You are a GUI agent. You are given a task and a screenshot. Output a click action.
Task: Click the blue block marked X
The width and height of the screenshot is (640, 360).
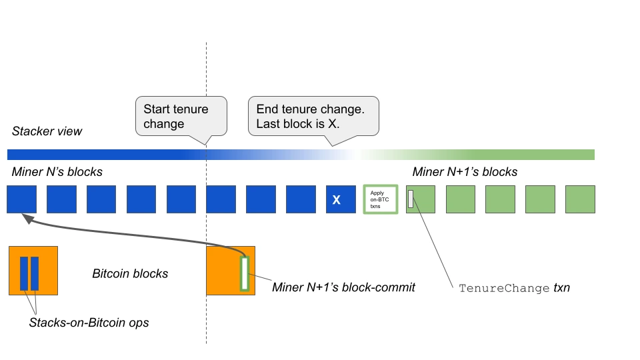point(341,199)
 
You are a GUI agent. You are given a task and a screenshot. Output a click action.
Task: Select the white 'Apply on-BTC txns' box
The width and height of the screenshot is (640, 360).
point(381,199)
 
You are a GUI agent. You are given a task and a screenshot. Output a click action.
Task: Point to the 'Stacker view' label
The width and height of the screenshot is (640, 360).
point(47,131)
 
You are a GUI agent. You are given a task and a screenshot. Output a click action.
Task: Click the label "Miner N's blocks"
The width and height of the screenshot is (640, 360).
point(57,172)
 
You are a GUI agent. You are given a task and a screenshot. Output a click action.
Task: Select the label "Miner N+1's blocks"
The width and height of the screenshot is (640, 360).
point(465,172)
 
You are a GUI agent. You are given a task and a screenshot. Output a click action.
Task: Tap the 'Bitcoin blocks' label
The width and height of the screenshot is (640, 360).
point(130,273)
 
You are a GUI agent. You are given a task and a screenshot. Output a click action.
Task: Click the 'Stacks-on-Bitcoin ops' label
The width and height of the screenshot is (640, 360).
point(89,323)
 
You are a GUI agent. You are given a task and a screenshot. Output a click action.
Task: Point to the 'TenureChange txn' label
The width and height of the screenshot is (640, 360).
point(514,288)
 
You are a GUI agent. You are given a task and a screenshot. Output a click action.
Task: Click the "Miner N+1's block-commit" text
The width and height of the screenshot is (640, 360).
point(344,287)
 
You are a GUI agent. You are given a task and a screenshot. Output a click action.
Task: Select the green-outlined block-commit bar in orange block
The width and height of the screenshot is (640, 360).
point(245,273)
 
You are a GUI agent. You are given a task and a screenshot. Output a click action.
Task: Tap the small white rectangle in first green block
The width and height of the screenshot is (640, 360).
point(411,199)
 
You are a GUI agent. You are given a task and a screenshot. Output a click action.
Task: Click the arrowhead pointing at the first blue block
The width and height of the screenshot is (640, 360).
point(28,219)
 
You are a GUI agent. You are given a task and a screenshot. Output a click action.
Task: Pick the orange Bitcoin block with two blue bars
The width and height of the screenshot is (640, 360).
point(33,271)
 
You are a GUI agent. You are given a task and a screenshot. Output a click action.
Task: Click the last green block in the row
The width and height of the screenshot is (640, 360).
point(580,199)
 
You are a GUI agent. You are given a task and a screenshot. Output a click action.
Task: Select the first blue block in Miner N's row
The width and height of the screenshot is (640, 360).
point(21,199)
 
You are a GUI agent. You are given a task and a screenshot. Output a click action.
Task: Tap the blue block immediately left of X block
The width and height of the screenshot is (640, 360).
point(301,199)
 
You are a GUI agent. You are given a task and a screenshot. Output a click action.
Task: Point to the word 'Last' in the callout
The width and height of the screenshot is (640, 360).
point(268,124)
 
